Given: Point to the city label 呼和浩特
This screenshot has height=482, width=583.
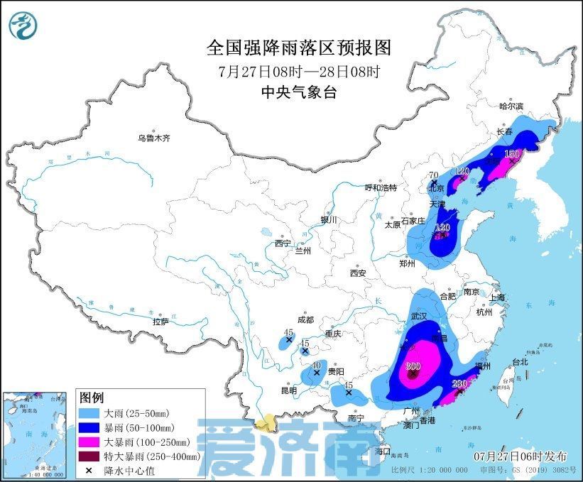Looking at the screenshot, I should click(380, 187).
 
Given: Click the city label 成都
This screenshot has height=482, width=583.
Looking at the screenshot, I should click(305, 320).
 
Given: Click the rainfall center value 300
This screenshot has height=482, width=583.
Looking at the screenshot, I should click(413, 366).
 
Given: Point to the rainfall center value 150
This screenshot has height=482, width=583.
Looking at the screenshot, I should click(511, 153).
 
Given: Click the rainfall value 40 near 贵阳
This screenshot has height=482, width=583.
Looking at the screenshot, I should click(316, 364).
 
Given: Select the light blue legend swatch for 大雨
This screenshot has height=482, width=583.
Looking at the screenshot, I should click(89, 412).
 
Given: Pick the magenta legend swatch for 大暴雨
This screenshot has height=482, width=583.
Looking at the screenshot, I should click(89, 442).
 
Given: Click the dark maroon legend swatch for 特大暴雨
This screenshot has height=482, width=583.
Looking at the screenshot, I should click(89, 456).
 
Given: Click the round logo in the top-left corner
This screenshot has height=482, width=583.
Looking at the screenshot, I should click(22, 26).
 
